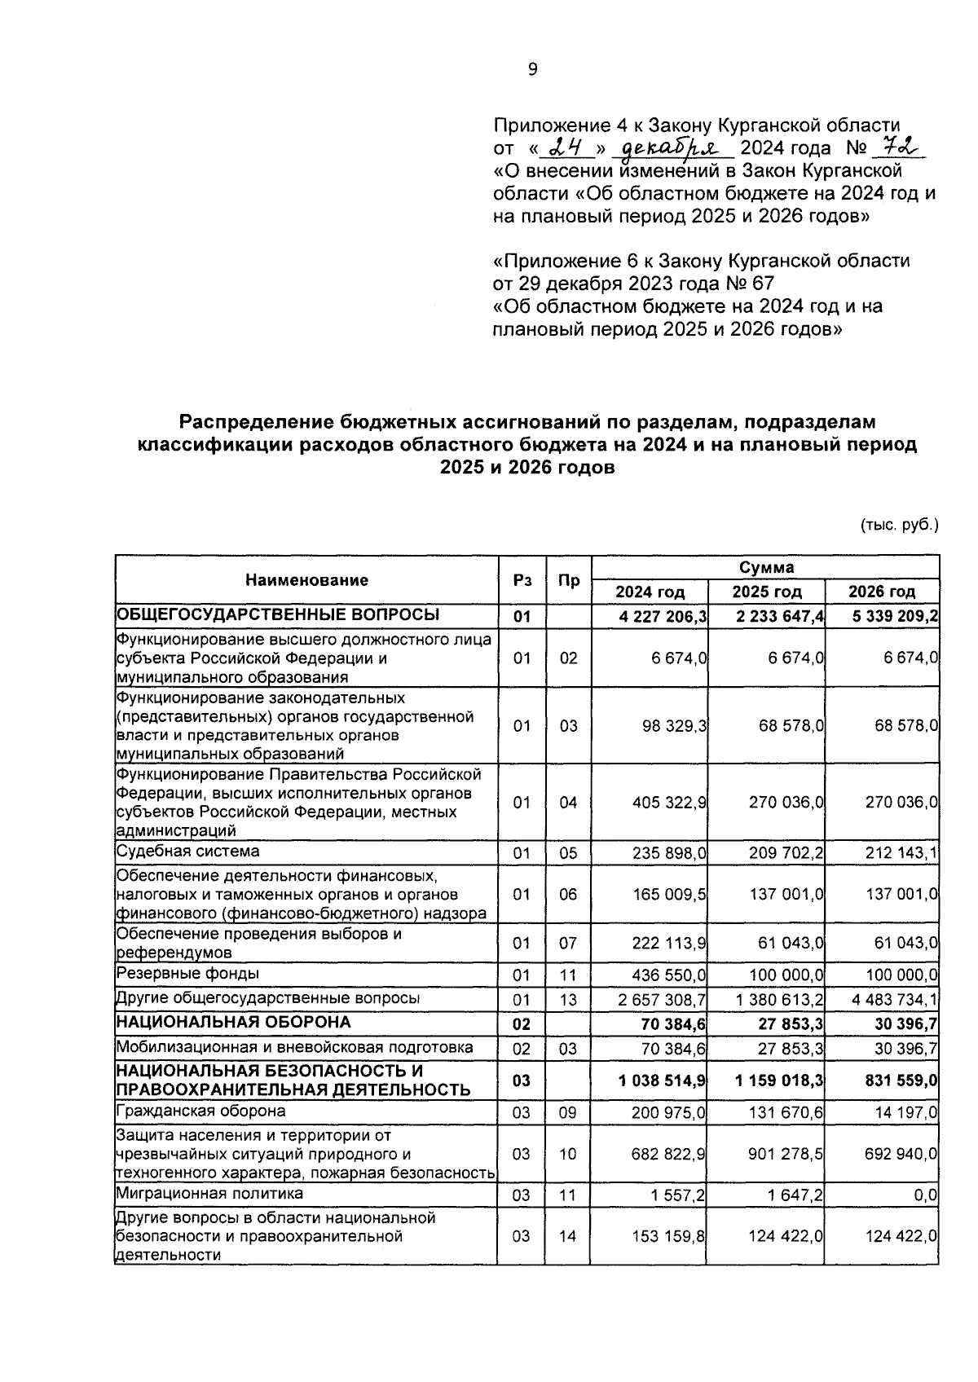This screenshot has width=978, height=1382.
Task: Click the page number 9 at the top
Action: pyautogui.click(x=533, y=70)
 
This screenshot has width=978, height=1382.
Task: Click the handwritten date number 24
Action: pyautogui.click(x=566, y=147)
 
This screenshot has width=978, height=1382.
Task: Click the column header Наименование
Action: pyautogui.click(x=306, y=579)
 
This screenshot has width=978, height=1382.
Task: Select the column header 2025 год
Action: pyautogui.click(x=766, y=592)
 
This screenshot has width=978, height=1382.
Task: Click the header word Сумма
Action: pyautogui.click(x=766, y=567)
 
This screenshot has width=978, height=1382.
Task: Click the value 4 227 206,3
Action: pyautogui.click(x=662, y=616)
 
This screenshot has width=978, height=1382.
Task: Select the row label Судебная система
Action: pyautogui.click(x=188, y=851)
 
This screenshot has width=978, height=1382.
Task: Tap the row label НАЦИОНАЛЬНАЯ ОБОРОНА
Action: pyautogui.click(x=234, y=1022)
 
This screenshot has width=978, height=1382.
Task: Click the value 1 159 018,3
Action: pyautogui.click(x=778, y=1081)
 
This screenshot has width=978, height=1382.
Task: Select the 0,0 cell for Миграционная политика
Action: pyautogui.click(x=925, y=1195)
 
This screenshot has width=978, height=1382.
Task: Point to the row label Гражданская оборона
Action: pyautogui.click(x=201, y=1111)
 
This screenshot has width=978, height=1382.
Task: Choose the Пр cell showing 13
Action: pyautogui.click(x=568, y=999)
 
